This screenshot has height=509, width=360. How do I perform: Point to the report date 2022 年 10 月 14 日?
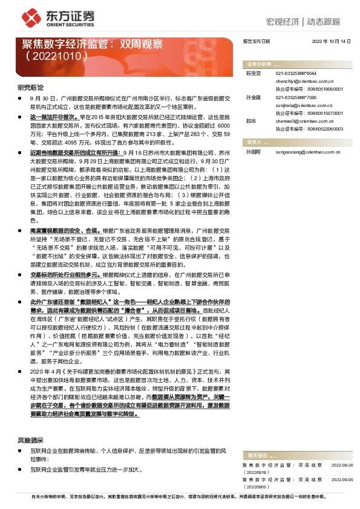pos(332,42)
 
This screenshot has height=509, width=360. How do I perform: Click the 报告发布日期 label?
pos(256,42)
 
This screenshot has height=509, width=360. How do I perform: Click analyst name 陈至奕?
pos(252,73)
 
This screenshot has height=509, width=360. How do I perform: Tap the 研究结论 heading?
pos(30,88)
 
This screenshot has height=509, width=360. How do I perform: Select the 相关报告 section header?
pos(257,454)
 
